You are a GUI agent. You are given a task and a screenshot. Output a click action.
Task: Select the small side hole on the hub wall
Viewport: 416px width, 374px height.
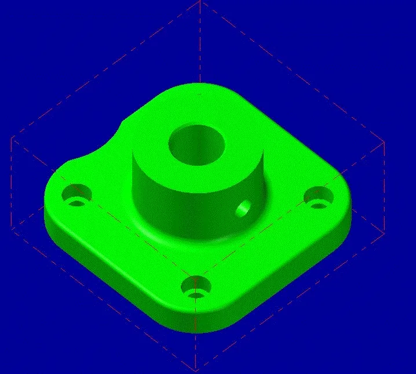[x=244, y=208]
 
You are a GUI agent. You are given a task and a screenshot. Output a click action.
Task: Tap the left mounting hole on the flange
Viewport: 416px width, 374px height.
[x=77, y=194]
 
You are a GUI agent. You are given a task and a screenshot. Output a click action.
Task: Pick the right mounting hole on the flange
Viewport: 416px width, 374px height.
[x=318, y=197]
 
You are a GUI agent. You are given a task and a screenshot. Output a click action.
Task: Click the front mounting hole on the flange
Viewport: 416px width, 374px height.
[x=196, y=287]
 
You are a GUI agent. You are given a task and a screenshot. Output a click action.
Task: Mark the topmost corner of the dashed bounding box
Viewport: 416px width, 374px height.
[x=200, y=1]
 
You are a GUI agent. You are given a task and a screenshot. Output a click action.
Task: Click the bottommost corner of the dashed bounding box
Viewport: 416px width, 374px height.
[x=196, y=370]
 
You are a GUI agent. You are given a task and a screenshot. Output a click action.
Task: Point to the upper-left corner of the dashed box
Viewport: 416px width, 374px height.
[x=12, y=138]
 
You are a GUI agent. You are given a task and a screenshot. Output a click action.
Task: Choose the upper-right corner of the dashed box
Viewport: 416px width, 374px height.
[x=384, y=141]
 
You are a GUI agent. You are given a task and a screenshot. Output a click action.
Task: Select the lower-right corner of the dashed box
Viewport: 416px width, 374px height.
[x=384, y=233]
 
